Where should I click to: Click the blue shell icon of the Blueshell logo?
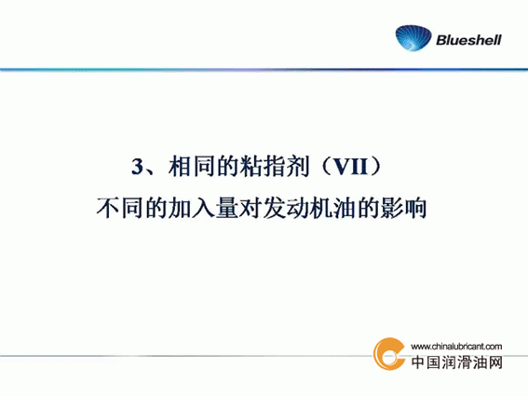(413, 38)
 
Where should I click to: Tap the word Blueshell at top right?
(468, 40)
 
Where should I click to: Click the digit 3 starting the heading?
(137, 167)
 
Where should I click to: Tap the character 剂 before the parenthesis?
(298, 166)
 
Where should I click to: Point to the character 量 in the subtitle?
(227, 208)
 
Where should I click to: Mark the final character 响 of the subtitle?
(416, 208)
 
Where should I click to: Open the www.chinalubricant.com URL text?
(456, 346)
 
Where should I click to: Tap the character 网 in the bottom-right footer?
(495, 362)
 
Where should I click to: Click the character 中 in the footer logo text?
(418, 362)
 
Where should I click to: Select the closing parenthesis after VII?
(375, 166)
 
